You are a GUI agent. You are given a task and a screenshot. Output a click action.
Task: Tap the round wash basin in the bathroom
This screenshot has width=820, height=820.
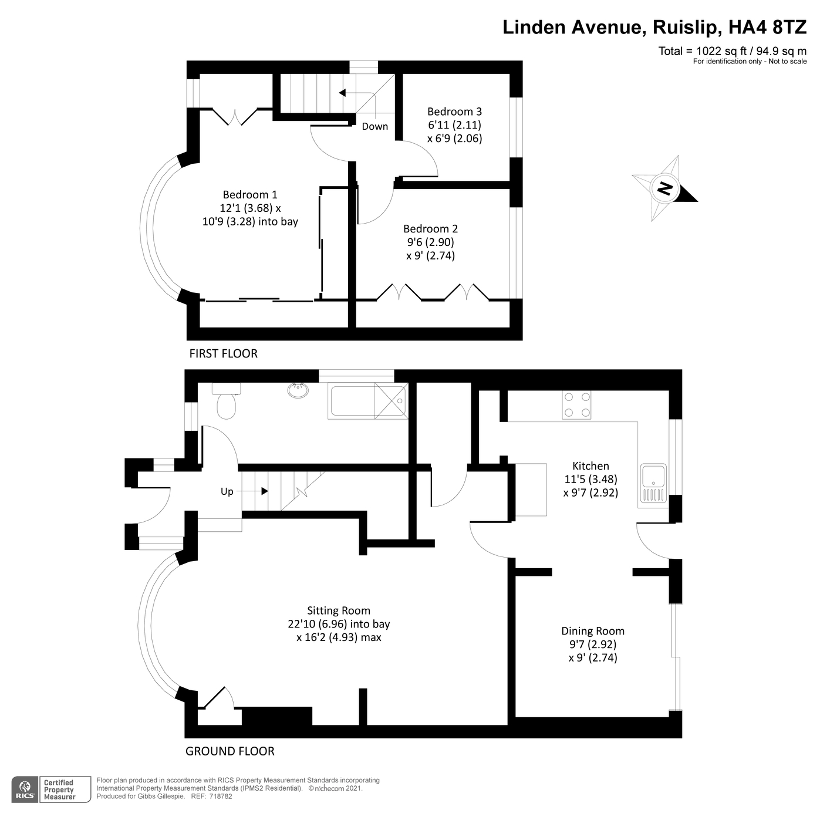tap(299, 390)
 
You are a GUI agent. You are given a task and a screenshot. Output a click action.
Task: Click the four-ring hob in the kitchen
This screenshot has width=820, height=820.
tap(576, 405)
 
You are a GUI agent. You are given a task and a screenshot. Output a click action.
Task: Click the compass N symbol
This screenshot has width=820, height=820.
tap(665, 188)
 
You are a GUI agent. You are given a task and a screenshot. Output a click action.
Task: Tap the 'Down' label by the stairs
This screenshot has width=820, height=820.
tap(374, 126)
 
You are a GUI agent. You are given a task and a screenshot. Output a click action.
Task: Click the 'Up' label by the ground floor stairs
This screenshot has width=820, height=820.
tap(227, 491)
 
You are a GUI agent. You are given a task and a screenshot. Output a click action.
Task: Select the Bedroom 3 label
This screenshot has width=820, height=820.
tap(454, 112)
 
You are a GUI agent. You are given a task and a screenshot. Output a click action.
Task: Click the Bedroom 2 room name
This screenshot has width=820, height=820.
tap(430, 229)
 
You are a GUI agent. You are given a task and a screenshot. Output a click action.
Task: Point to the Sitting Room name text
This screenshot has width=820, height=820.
tap(339, 610)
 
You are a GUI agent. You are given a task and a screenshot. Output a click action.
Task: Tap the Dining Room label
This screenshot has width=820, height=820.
tap(593, 631)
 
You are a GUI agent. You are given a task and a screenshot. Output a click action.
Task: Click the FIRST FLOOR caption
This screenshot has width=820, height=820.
tap(223, 353)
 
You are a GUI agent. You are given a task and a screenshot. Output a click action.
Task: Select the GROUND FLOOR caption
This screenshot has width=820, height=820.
tap(230, 751)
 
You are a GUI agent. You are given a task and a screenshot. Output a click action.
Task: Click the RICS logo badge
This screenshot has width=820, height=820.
tap(25, 789)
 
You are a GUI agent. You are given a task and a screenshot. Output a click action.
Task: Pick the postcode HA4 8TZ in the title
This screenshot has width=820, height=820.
tap(767, 28)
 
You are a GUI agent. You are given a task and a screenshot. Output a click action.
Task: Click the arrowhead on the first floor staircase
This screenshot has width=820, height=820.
tap(342, 93)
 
